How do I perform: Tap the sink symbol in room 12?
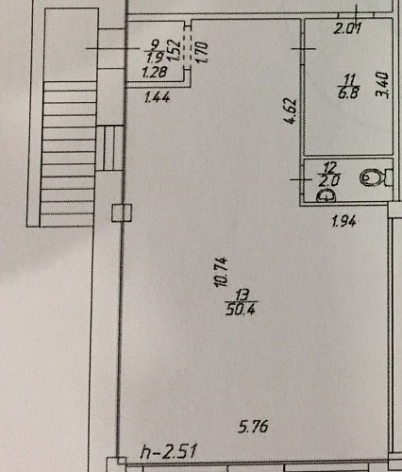click(x=327, y=196)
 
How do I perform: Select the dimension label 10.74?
click(x=221, y=272)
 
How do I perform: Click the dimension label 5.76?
click(x=253, y=427)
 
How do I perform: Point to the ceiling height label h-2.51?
click(x=169, y=451)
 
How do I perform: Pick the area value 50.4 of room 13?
click(x=241, y=310)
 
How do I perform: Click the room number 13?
click(x=242, y=295)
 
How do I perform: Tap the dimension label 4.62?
click(x=292, y=111)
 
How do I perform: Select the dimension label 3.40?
click(x=383, y=85)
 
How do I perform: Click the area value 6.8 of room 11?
click(x=348, y=93)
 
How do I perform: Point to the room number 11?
click(x=349, y=79)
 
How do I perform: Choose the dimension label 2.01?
click(x=347, y=29)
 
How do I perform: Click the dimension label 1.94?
click(x=344, y=222)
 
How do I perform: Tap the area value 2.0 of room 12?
click(x=329, y=181)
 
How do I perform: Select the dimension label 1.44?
click(x=157, y=97)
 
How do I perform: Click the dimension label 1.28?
click(x=154, y=73)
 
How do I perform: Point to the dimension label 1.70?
click(x=203, y=52)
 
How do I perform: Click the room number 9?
click(x=155, y=45)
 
